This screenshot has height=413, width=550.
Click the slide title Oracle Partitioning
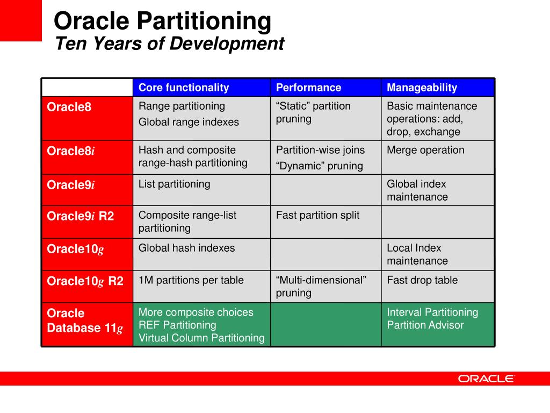(162, 22)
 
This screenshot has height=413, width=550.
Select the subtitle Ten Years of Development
(169, 44)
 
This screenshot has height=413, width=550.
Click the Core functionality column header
(184, 88)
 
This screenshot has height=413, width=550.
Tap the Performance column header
(308, 88)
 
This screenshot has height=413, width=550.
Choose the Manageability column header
(422, 88)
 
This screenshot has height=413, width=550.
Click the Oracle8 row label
(69, 107)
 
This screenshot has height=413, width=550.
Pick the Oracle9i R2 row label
(81, 217)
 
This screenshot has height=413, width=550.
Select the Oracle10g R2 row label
(85, 281)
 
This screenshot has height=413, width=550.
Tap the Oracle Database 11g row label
(85, 321)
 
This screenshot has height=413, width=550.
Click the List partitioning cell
(174, 184)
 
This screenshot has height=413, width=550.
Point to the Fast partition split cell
(317, 215)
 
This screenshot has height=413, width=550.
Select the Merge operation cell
(425, 150)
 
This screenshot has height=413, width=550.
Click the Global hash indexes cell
(186, 248)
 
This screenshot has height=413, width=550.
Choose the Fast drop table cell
(422, 280)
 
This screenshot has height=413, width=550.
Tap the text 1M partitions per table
(191, 280)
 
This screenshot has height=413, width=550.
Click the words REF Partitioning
(177, 325)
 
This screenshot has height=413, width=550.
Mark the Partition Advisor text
(425, 325)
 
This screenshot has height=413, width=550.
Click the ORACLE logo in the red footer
(486, 379)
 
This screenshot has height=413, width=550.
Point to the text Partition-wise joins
(320, 150)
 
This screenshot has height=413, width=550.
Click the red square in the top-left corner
(20, 20)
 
